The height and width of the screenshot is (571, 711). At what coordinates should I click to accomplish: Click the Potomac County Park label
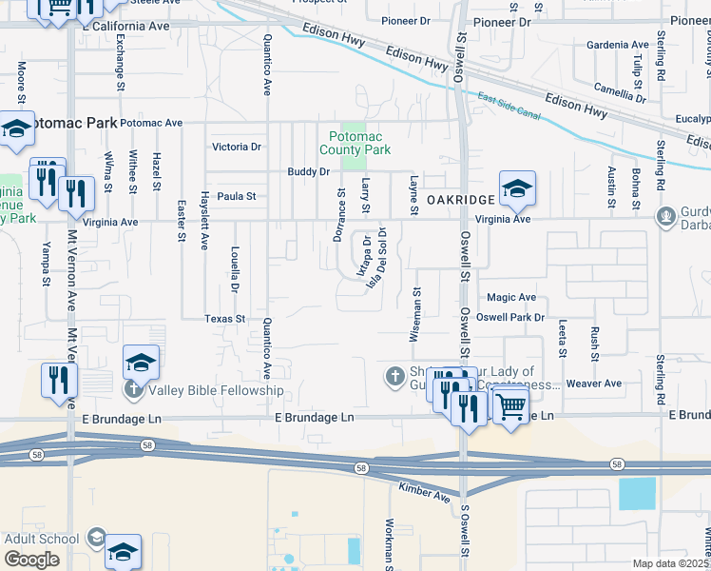point(355,144)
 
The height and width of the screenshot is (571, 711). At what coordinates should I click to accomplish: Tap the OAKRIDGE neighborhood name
point(462,201)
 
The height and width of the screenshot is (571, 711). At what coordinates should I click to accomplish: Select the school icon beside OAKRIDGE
point(517,189)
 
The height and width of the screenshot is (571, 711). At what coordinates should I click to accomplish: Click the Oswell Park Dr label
point(509,317)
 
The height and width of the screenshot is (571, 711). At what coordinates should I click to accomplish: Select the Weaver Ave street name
point(592,384)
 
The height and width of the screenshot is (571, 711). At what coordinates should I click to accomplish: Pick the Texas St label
point(225,319)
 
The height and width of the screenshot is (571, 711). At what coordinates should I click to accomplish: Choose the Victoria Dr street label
point(237,147)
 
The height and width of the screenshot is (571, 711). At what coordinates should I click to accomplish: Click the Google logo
point(31,559)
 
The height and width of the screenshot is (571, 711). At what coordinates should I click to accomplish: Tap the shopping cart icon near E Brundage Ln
point(511,406)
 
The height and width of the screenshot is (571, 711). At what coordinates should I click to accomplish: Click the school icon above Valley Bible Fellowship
point(141,362)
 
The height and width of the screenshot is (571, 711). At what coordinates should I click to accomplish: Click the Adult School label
point(40,539)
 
